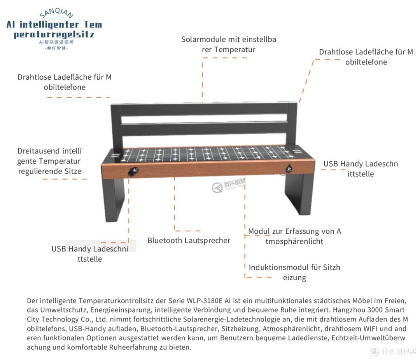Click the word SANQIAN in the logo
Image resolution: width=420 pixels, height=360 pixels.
[x=56, y=13]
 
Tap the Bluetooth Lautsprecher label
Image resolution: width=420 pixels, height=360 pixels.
[x=189, y=241]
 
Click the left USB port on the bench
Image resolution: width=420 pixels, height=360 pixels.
[x=134, y=171]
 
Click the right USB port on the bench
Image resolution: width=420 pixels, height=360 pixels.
[x=289, y=169]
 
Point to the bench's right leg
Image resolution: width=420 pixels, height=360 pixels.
[x=299, y=193]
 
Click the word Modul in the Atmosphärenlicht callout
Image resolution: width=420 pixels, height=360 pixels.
[x=259, y=231]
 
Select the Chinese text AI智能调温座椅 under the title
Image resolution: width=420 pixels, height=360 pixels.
[x=56, y=42]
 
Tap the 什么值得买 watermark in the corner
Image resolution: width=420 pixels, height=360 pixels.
[x=393, y=351]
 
